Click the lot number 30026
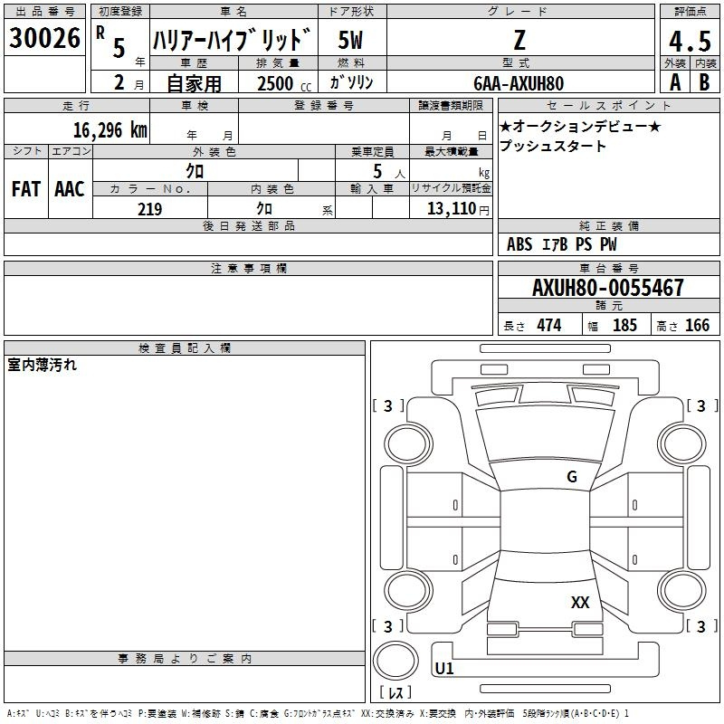(x=44, y=38)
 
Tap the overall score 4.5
(x=690, y=41)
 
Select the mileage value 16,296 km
(x=110, y=130)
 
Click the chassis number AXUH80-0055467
(x=607, y=288)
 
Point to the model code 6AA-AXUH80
(x=519, y=83)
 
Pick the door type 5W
(x=350, y=40)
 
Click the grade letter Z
(x=519, y=40)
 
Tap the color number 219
(x=149, y=209)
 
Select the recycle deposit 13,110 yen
(x=458, y=209)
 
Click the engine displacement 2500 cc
(x=284, y=83)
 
